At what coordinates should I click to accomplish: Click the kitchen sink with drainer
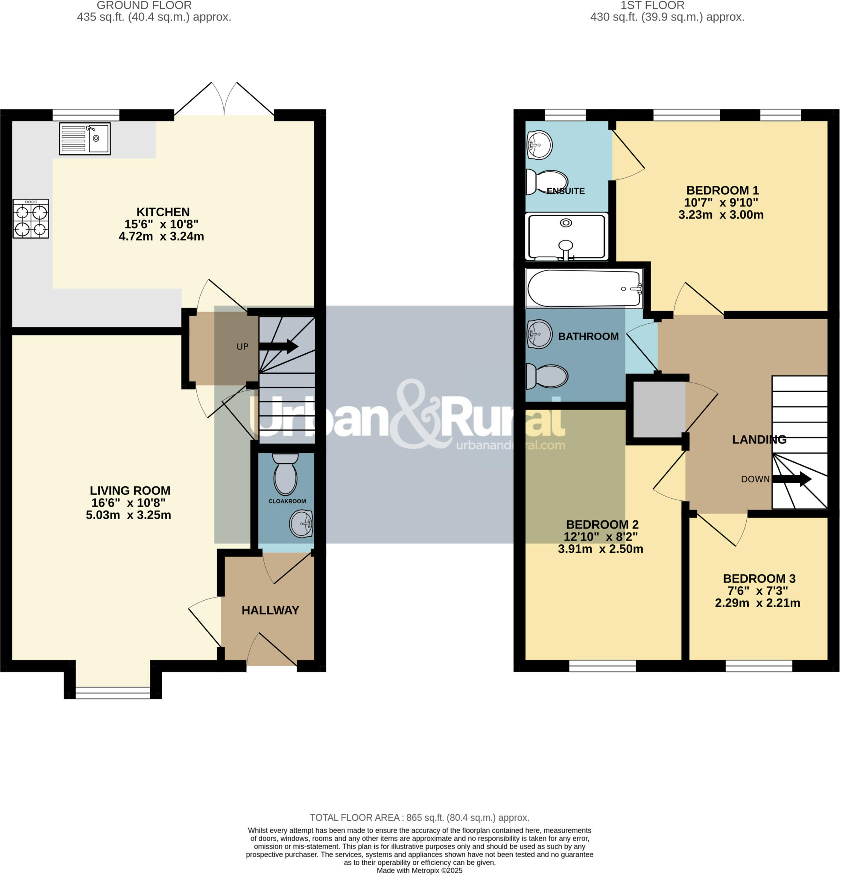pos(85,139)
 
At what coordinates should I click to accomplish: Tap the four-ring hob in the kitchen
pos(30,219)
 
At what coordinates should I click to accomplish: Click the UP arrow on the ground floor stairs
pos(278,346)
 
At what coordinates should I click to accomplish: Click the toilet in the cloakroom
pos(286,473)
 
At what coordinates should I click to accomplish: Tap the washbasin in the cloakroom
pos(301,524)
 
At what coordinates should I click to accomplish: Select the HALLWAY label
pos(270,610)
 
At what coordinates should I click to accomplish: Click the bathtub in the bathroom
pos(584,288)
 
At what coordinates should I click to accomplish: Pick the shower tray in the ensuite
pos(567,237)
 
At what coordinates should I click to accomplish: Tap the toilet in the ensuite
pos(546,182)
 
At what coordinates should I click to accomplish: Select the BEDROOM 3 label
pos(759,578)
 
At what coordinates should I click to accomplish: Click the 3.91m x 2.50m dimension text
pos(601,549)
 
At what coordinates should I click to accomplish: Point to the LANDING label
pos(759,439)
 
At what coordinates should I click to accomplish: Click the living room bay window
pos(113,693)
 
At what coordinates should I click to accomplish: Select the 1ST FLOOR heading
pos(652,6)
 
